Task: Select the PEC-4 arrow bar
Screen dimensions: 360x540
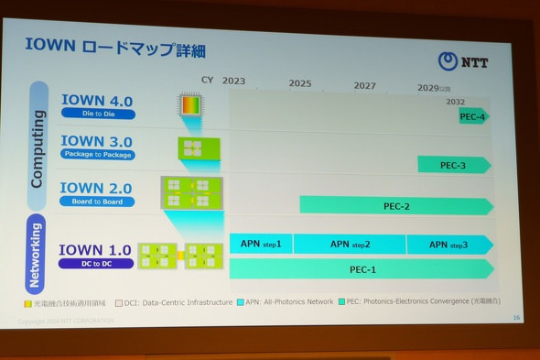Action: point(474,116)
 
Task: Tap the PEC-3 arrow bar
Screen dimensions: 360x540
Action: point(454,165)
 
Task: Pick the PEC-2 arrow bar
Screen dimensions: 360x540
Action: point(395,206)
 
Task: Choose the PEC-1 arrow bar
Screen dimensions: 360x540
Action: point(362,269)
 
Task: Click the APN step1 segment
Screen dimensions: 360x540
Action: point(261,245)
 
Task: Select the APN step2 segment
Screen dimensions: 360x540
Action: point(350,245)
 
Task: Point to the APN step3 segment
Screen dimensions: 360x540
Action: point(448,245)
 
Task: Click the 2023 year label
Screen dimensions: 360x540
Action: point(233,82)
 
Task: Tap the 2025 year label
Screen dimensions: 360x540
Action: point(300,84)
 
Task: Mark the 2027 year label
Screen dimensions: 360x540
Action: point(364,85)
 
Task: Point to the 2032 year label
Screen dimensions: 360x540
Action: point(455,102)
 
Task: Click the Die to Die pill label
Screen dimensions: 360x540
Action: point(98,114)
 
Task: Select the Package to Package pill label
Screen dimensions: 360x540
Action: point(97,155)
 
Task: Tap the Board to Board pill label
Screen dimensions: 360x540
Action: point(97,202)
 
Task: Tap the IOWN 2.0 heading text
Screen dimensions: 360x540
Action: point(96,188)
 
